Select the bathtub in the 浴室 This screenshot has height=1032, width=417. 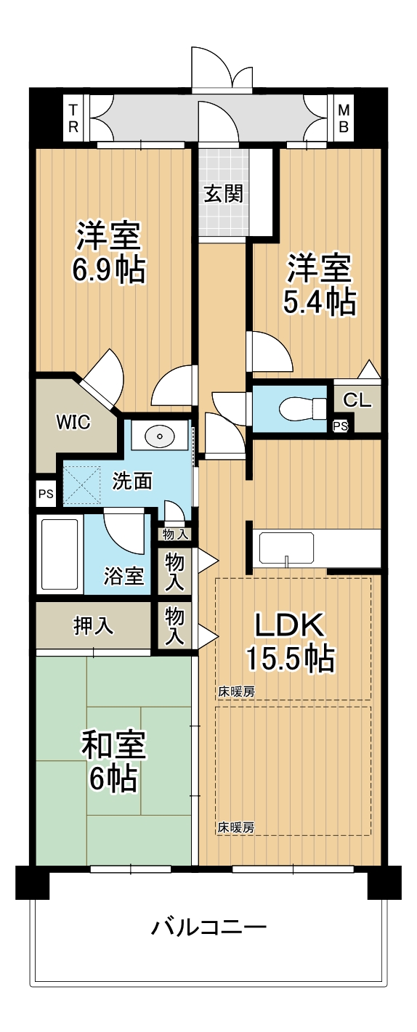coord(60,554)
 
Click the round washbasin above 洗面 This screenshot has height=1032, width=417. coord(159,435)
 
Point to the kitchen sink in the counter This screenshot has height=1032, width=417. coord(287,548)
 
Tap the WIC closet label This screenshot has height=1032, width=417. coord(73,422)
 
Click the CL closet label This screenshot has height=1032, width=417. coord(357,400)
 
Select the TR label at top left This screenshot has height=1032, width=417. coord(73,118)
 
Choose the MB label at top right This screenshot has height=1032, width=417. coord(344,118)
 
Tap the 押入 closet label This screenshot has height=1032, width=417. coord(94,626)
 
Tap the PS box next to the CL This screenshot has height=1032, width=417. coord(341,426)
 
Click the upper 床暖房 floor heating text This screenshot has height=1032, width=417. coord(236,691)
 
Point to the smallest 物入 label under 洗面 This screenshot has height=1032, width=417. coord(176,535)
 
